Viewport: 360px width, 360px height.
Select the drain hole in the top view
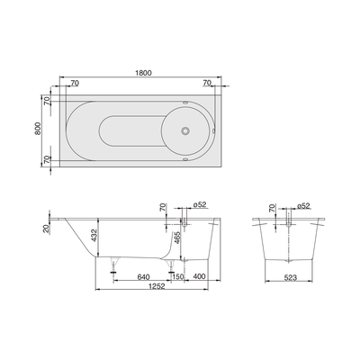(186, 130)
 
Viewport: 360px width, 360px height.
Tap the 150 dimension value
(178, 277)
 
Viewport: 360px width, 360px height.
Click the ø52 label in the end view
(301, 205)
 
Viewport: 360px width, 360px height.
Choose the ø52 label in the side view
(200, 205)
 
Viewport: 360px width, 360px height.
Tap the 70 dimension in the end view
(272, 211)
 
